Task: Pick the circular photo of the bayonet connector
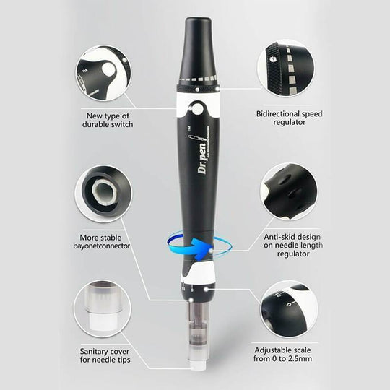pos(103,193)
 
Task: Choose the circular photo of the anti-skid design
pos(288,191)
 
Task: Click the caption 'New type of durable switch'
pos(108,119)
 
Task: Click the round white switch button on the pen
pos(196,110)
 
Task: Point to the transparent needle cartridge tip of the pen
pos(195,339)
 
